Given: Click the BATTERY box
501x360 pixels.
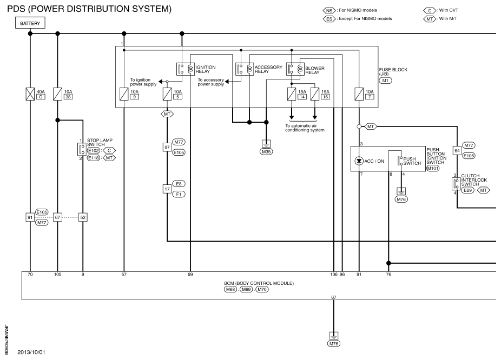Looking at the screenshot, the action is click(30, 23).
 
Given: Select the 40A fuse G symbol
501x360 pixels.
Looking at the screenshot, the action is click(30, 94).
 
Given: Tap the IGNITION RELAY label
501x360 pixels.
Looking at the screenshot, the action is click(206, 69).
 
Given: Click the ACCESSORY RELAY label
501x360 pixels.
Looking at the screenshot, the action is click(268, 69).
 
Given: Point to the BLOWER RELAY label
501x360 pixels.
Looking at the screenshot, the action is click(315, 70).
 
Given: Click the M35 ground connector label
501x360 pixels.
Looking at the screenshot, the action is click(266, 151).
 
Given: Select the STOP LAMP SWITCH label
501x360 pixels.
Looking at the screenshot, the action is click(100, 142).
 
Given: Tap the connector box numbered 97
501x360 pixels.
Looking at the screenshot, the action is click(167, 147).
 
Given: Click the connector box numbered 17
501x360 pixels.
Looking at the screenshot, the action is click(167, 189).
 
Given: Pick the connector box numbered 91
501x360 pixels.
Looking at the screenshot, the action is click(30, 217).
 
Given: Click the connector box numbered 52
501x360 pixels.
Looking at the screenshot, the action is click(83, 217).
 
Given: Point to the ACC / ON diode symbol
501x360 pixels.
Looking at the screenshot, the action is click(359, 161).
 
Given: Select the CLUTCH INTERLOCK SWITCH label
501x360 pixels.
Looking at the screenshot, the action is click(474, 180).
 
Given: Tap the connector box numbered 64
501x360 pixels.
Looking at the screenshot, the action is click(457, 151).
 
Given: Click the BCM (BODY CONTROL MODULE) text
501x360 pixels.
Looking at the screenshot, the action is click(259, 283).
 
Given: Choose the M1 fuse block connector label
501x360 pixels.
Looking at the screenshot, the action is click(385, 81).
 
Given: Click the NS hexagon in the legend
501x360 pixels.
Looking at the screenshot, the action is click(329, 10).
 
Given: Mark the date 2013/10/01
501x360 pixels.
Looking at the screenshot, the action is click(31, 352).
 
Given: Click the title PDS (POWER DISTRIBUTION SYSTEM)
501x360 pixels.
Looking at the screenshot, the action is click(89, 9).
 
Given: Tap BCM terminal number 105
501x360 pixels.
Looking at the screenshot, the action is click(57, 275).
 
